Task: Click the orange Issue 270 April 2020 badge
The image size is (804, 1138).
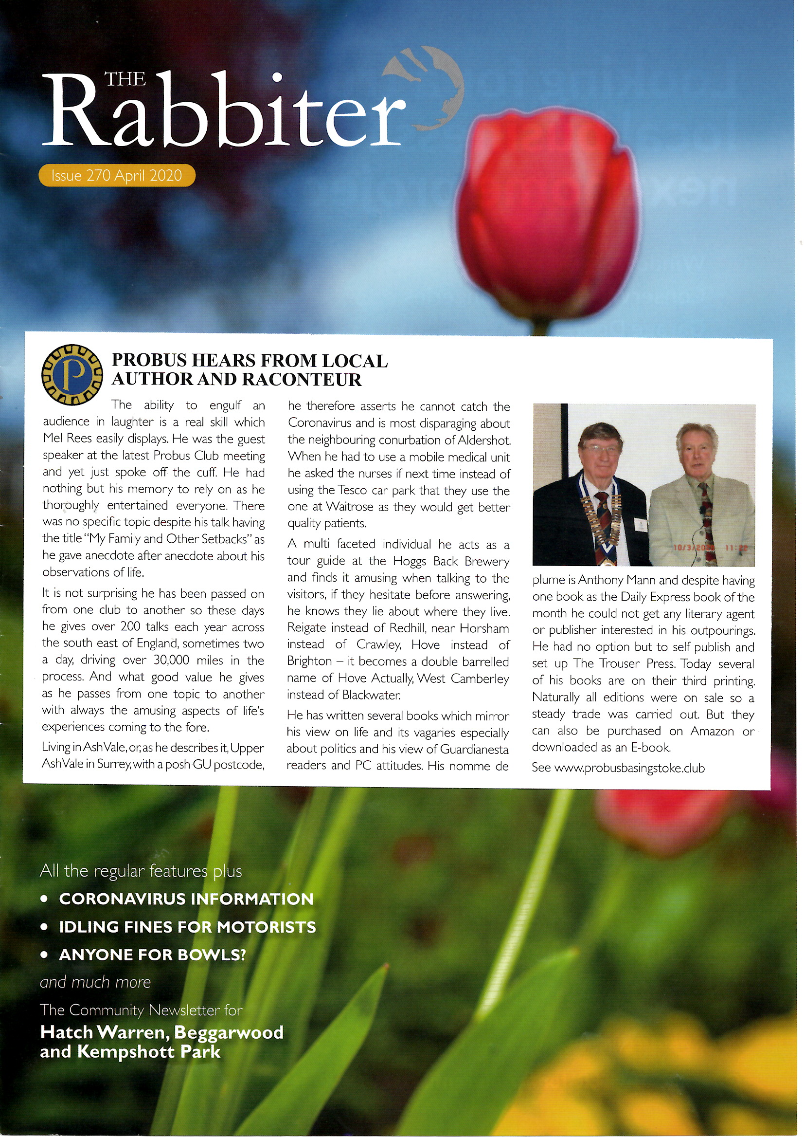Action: (x=117, y=175)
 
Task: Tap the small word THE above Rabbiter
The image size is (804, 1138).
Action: (x=125, y=79)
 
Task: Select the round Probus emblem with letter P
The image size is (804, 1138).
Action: (x=72, y=374)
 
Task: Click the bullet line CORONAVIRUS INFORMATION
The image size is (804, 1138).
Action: (x=186, y=899)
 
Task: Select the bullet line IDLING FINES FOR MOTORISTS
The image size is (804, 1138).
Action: (x=187, y=927)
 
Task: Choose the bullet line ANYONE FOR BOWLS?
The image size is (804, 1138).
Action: (x=152, y=954)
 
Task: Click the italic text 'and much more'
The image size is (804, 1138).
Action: (x=95, y=982)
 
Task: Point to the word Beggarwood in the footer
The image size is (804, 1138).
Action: (x=229, y=1032)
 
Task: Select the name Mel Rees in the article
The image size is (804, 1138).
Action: (x=66, y=439)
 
